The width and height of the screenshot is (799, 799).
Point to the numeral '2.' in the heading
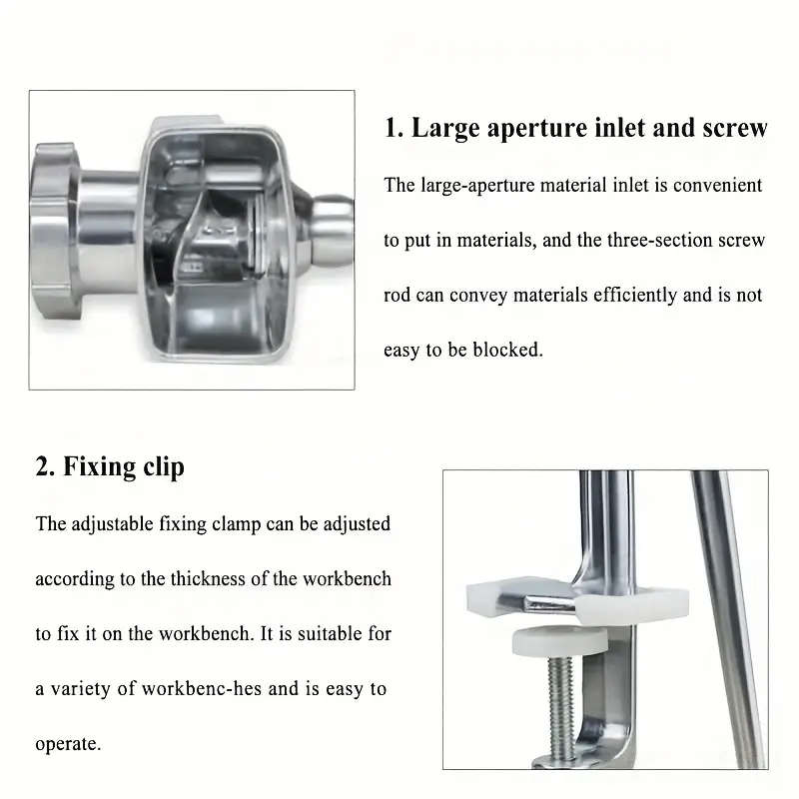tap(45, 466)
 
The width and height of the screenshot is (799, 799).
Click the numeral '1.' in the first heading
tap(395, 129)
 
